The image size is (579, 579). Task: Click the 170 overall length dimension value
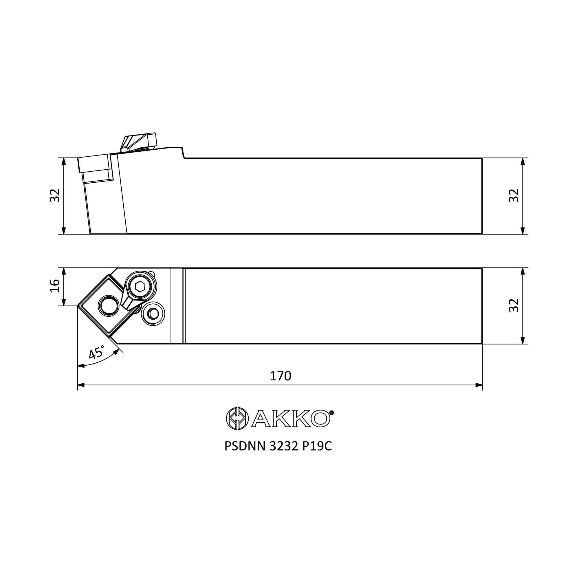281,376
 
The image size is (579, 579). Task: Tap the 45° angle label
97,352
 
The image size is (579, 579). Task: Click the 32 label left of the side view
55,195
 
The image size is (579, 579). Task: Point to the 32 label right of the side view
514,195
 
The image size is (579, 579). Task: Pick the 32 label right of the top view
514,305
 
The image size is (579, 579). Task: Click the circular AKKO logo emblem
237,418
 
